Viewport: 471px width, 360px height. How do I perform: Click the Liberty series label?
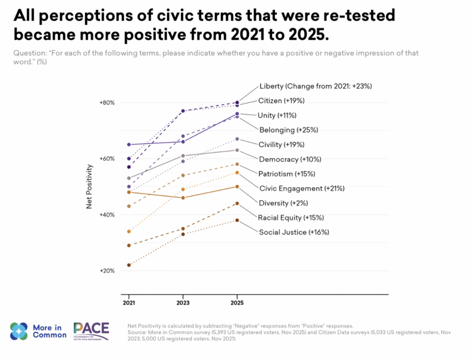coord(315,86)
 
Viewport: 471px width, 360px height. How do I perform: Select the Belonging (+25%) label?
coord(288,130)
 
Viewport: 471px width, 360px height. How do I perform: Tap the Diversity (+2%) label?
coord(282,203)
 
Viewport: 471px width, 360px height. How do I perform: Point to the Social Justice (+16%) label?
coord(294,232)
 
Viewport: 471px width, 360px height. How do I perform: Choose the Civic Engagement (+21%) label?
coord(302,188)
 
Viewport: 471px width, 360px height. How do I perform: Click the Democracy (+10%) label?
coord(290,159)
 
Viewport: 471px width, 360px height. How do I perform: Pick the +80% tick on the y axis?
coord(107,103)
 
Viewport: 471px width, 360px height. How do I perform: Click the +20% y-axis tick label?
coord(107,271)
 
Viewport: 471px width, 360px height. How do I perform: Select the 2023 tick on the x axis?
coord(183,304)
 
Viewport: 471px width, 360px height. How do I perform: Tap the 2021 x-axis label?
coord(129,304)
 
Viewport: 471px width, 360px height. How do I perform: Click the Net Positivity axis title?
coord(90,187)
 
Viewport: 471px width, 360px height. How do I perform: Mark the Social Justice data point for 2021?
coord(129,265)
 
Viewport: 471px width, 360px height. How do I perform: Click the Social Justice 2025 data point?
coord(237,220)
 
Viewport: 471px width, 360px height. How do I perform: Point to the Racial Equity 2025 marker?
coord(237,203)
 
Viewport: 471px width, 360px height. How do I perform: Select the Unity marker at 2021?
coord(129,145)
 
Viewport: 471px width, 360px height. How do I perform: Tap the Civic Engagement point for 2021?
coord(129,232)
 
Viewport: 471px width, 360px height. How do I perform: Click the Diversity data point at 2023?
coord(183,198)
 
